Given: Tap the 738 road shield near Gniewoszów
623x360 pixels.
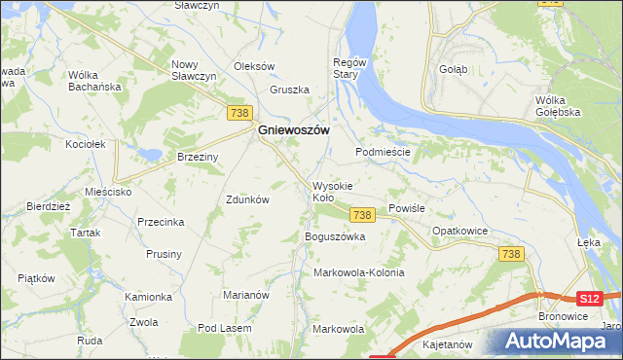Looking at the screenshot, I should [238, 114].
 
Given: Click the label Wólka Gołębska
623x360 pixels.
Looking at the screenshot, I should [558, 105].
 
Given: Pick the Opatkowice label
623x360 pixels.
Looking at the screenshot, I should [459, 231].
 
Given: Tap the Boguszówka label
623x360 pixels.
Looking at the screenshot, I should [334, 236].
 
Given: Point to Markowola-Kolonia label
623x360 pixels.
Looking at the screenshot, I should [358, 272].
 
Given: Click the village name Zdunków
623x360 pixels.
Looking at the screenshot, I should [247, 198].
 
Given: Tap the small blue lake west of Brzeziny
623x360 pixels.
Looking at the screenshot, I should [148, 154].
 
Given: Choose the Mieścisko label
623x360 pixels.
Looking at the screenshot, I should [107, 192].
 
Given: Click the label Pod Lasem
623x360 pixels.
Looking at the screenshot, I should [223, 329].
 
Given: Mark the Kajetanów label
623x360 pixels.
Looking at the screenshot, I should [447, 344].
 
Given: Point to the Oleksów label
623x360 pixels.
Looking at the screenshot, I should [255, 66].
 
